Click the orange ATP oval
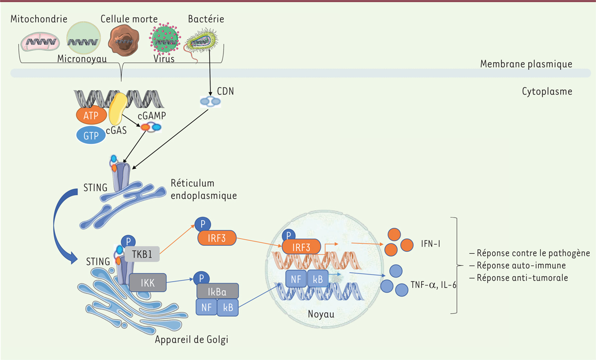pyautogui.click(x=90, y=116)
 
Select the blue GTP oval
pyautogui.click(x=91, y=136)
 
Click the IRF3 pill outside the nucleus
pyautogui.click(x=217, y=238)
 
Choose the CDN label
pyautogui.click(x=225, y=92)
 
